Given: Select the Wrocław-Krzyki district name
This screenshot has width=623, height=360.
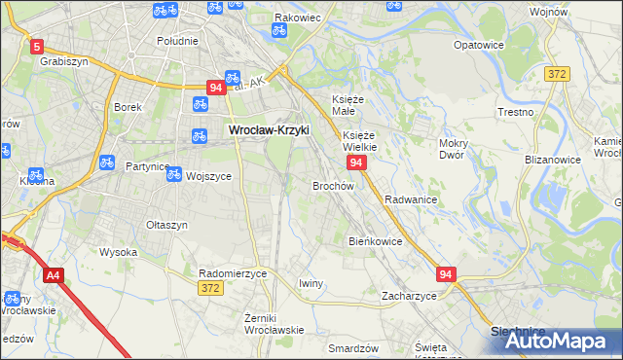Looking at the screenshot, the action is [268, 129].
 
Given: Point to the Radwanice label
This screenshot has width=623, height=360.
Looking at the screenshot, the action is [410, 198].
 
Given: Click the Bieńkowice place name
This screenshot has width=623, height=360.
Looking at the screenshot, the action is [375, 240].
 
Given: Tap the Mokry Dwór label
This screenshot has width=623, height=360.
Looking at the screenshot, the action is [454, 149].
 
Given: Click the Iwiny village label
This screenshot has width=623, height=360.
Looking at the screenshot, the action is [311, 283].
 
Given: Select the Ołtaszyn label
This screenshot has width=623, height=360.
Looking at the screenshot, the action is [166, 225].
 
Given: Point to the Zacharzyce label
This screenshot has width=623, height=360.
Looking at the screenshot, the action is [409, 295].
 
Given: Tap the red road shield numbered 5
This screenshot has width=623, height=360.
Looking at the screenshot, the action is [37, 46].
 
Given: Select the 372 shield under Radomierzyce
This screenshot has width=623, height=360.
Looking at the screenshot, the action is [209, 289].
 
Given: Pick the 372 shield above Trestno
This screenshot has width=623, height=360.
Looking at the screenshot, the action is [557, 73].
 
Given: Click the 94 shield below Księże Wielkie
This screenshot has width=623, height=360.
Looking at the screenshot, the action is [357, 162].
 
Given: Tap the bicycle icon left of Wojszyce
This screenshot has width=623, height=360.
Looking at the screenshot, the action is [173, 174].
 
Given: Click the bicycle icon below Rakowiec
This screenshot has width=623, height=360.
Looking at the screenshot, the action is [278, 30].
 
